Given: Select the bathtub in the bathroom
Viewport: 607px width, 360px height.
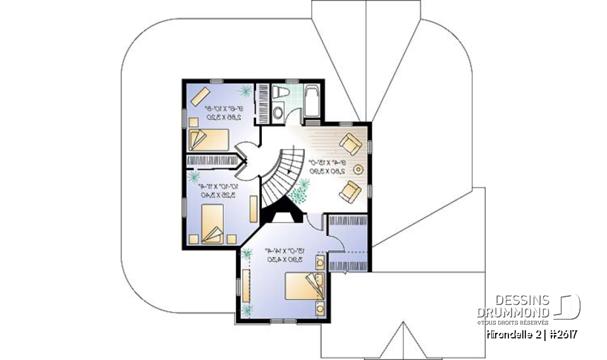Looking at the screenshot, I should pos(312,101).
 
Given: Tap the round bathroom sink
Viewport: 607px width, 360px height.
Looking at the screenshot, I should pos(278,113).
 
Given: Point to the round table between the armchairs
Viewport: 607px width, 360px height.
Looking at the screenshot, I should pos(358,170).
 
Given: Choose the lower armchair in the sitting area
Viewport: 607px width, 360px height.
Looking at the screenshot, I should pos(350,190).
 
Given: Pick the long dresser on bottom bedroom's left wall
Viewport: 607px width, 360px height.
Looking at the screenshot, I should pos(245,287).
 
